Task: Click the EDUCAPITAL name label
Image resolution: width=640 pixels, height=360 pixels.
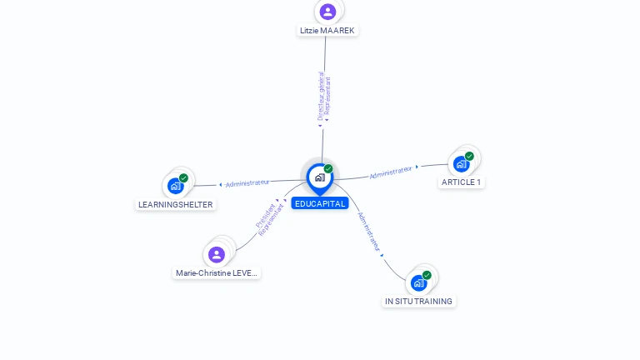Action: point(319,203)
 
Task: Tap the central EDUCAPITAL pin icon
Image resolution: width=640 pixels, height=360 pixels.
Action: point(319,177)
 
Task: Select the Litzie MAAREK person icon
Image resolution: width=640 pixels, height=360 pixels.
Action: point(327,12)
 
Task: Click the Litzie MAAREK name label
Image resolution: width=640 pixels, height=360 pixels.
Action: point(327,31)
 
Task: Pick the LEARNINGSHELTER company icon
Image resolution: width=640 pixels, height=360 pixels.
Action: point(175,186)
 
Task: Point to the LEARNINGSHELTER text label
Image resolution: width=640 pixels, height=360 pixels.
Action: point(175,204)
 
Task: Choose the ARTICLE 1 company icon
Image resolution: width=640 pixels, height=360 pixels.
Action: point(461,164)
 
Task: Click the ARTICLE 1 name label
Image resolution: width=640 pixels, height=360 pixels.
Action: point(461,182)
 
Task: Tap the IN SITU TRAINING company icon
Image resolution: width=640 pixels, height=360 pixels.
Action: point(418,283)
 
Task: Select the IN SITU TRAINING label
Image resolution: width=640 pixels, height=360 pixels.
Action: point(418,301)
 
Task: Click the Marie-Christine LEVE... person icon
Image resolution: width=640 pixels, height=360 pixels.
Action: point(217,254)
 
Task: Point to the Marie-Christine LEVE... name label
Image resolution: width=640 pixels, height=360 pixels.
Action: point(217,272)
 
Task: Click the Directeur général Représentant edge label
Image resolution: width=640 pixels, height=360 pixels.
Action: point(324,98)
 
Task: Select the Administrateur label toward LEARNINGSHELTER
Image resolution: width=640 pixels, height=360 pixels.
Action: point(247,182)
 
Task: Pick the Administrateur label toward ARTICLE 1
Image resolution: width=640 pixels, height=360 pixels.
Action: point(391,172)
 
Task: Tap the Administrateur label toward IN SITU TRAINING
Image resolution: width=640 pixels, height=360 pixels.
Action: point(369,231)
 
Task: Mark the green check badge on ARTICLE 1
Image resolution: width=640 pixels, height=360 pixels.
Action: point(469,156)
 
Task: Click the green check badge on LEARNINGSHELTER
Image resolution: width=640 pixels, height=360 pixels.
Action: point(183,177)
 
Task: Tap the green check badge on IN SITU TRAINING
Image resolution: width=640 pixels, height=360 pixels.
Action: point(427,275)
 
